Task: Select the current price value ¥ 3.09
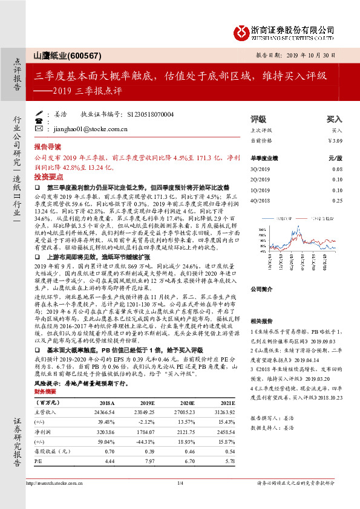tap(335, 140)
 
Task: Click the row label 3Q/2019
tap(260, 170)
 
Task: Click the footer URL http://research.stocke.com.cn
tap(54, 482)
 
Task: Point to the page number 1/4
tap(180, 482)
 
